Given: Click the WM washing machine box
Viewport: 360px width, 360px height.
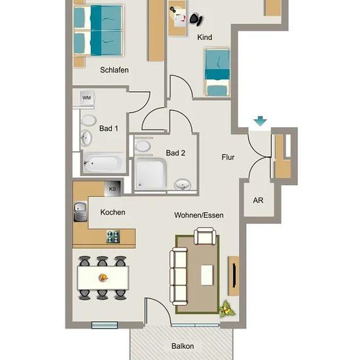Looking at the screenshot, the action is click(86, 98).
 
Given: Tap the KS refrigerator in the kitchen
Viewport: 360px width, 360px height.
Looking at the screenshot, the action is click(113, 189).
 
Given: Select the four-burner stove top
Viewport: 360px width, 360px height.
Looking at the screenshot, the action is click(113, 237).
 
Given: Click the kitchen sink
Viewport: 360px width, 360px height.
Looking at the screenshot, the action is click(81, 211).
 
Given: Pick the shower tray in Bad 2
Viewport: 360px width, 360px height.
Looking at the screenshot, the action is click(151, 173).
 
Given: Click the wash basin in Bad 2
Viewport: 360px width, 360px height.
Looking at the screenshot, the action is click(183, 184).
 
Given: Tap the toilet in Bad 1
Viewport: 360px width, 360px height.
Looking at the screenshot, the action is click(88, 120).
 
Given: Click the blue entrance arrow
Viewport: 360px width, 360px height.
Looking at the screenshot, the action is click(260, 121).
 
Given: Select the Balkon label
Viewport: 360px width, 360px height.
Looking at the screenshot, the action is click(183, 346).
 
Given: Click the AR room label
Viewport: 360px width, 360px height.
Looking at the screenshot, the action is click(258, 200).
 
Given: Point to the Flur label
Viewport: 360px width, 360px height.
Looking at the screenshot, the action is click(228, 157).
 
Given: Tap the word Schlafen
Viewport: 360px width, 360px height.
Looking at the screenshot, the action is click(114, 70).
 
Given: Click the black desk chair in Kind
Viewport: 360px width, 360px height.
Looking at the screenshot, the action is click(196, 19).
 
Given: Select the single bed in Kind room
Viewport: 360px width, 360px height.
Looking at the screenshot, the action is click(217, 72).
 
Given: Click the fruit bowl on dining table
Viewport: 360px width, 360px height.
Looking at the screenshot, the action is click(103, 278).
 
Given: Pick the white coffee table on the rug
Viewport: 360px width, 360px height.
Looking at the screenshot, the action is click(207, 275).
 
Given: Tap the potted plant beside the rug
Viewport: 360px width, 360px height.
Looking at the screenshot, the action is click(228, 309).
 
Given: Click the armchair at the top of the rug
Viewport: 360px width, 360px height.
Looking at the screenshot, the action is click(205, 236).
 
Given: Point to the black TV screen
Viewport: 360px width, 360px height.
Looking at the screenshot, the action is click(234, 276).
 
